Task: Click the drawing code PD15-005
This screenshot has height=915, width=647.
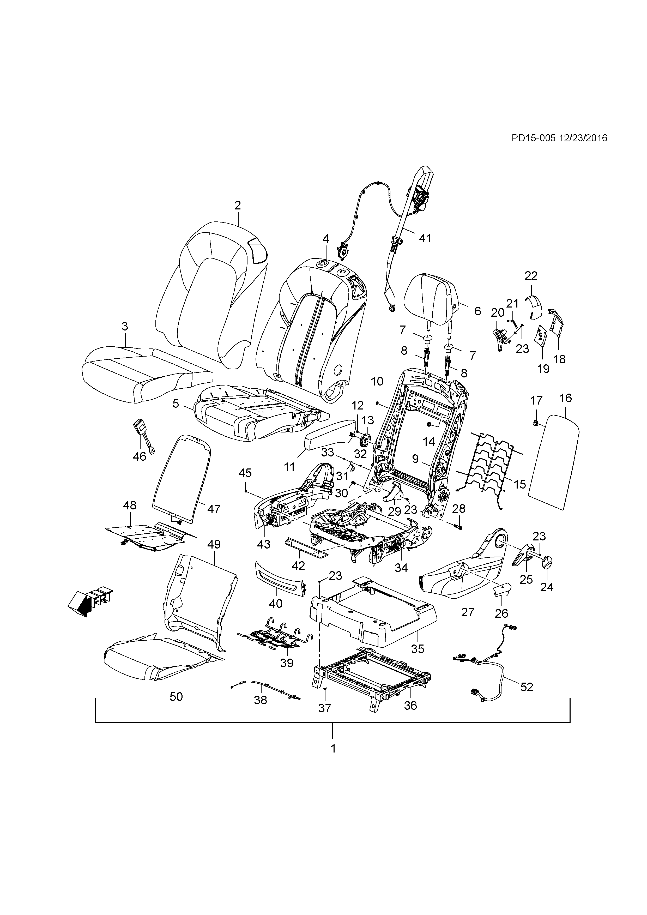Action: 533,138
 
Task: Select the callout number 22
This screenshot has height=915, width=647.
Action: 531,275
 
